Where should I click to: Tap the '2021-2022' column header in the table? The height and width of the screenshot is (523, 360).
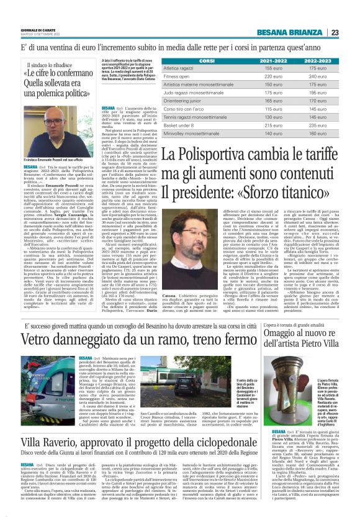pyautogui.click(x=277, y=61)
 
